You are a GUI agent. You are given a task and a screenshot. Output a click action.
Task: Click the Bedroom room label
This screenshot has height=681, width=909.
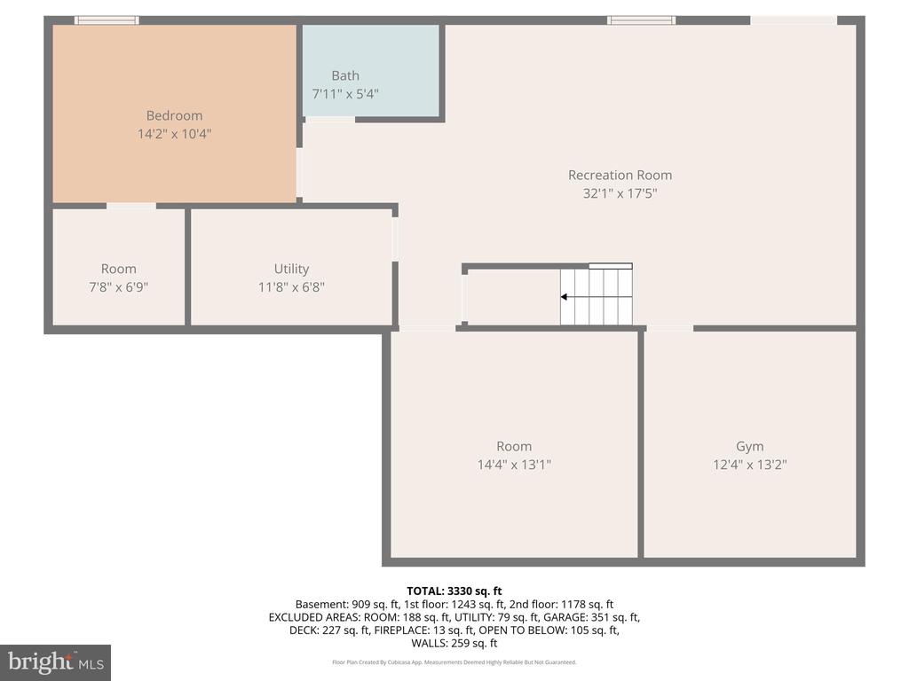pos(174,115)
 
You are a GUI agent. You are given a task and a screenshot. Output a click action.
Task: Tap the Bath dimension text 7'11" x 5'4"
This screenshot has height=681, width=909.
pos(345,93)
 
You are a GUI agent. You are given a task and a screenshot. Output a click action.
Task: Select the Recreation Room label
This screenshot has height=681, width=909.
pos(620,175)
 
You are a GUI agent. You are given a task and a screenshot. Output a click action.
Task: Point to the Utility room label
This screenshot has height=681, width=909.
pos(291,269)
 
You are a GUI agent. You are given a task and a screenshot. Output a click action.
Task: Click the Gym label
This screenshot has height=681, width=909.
pos(749,446)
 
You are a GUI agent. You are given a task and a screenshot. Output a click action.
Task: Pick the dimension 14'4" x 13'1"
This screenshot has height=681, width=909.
pos(514,464)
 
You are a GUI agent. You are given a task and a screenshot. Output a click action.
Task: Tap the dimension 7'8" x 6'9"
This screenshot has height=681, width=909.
pos(118,286)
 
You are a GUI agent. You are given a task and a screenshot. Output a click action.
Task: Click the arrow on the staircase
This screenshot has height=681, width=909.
pos(565,298)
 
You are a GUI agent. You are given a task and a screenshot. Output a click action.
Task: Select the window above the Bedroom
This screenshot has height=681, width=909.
pos(107,20)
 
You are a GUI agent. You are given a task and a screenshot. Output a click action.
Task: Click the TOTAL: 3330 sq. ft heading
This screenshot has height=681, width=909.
pos(454,591)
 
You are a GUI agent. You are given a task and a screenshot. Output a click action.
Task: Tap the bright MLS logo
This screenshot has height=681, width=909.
pos(55,661)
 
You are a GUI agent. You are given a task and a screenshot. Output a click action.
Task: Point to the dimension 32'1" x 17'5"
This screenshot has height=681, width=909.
pos(620,192)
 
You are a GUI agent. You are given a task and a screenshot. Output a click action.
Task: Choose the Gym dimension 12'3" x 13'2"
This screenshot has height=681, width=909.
pos(749,464)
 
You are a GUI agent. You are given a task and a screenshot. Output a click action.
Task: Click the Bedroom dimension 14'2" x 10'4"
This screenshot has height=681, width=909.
pos(174,134)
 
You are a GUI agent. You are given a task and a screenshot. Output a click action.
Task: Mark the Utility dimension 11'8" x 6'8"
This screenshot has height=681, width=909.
pos(291,286)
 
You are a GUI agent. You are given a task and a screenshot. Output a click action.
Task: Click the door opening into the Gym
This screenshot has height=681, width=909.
pos(669,328)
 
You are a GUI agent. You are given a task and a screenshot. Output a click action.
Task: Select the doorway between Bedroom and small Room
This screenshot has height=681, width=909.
pos(131,206)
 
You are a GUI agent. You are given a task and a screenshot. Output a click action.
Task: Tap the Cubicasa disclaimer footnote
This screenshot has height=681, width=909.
pos(454,661)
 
